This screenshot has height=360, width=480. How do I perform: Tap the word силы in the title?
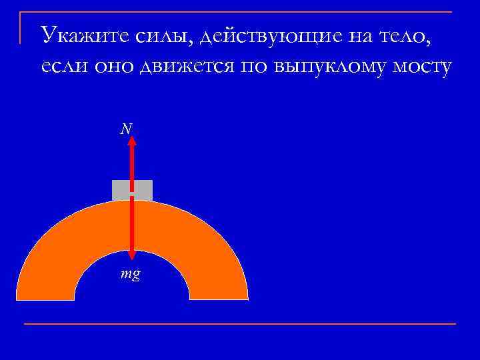(x=151, y=34)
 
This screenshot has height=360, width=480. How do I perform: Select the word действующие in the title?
(x=263, y=35)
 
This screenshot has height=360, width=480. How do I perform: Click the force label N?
(x=124, y=129)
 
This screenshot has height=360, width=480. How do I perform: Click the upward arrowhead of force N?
(x=132, y=141)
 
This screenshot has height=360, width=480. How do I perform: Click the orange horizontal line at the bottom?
(x=240, y=324)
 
